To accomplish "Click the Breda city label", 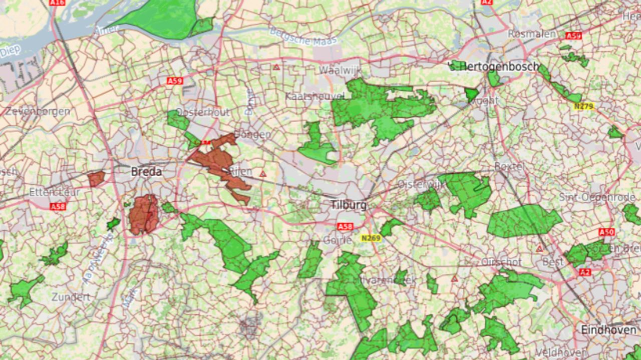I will pos(146,172).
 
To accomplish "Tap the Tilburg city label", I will pos(348,205).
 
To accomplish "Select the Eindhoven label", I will pos(608,330).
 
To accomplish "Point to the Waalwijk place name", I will pos(340,70).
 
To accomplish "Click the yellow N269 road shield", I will pos(371,239).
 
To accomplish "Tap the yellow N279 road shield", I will pos(583,106).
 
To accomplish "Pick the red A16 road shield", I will pos(57,3).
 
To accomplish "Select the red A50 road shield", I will pos(606,232).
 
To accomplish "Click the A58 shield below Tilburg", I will pos(345,227).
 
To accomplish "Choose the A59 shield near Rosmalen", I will pos(573,36).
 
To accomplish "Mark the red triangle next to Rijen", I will pos(262,174).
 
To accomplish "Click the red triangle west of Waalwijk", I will pos(276,67).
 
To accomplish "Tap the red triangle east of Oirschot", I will pos(454,278).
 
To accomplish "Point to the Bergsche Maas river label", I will pos(303,37).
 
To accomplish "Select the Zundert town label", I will pos(71,297).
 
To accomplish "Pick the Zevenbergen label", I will pos(38,111).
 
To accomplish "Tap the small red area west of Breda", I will pos(96,179).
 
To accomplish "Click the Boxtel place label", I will pos(509,166).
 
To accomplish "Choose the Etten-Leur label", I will pos(48,192).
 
